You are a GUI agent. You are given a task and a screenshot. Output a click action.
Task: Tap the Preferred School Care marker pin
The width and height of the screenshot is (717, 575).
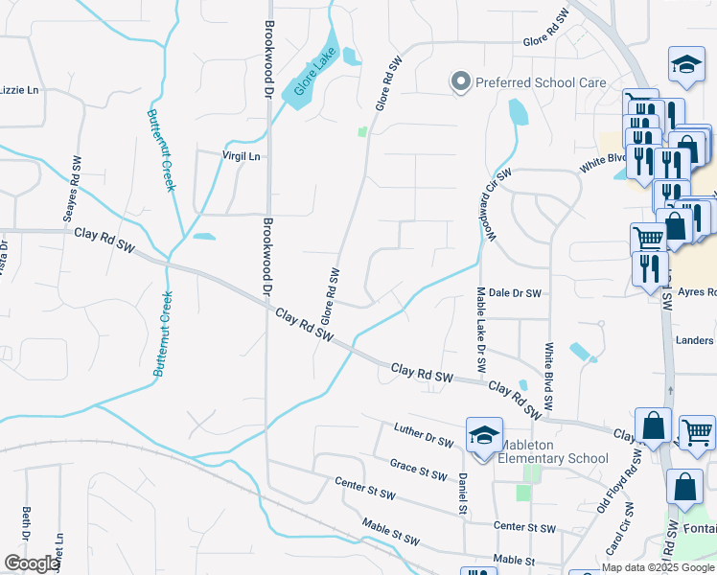[x=461, y=82]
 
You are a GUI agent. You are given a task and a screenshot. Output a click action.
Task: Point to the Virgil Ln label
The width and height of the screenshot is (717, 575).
[x=241, y=156]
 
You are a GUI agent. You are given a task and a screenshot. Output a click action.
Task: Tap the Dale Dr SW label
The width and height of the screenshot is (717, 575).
[x=515, y=293]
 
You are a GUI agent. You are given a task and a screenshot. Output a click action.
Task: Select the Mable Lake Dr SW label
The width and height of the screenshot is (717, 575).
[x=481, y=331]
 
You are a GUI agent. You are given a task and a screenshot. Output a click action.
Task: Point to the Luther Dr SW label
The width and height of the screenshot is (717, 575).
[x=423, y=434]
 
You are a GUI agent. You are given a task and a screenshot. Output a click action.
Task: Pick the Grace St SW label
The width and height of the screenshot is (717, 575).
[x=418, y=469]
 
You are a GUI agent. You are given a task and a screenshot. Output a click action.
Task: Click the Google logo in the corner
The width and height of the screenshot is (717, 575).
[x=31, y=563]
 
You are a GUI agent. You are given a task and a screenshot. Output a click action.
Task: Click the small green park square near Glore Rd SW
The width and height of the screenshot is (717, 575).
[x=362, y=131]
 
